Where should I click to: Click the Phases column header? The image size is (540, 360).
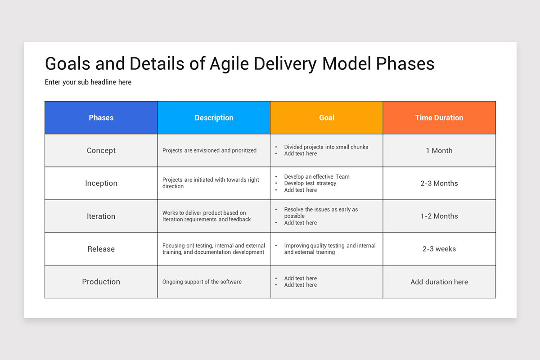(101, 118)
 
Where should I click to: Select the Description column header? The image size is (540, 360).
(214, 118)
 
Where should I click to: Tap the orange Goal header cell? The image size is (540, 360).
(327, 118)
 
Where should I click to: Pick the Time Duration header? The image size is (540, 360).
(439, 118)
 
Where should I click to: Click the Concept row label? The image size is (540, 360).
(101, 151)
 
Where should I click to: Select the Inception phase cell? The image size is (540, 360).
(101, 184)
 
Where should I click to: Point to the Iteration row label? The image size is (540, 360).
(101, 216)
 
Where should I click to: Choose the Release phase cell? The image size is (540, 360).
(101, 249)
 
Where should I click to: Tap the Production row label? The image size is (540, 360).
(101, 282)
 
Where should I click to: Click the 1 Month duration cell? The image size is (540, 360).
(439, 151)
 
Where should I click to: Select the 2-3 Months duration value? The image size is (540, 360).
(439, 184)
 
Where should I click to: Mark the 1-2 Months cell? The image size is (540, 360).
(439, 216)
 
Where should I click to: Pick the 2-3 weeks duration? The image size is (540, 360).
(439, 249)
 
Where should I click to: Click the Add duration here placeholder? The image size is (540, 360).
(439, 282)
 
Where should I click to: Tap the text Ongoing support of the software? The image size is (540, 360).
(202, 282)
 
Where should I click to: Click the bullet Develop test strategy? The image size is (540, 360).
(310, 184)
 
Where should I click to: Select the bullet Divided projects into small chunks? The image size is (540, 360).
(326, 147)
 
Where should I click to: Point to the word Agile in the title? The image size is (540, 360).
(229, 64)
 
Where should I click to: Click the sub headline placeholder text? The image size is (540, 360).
(88, 82)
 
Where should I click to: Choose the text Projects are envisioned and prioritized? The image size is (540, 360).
(209, 151)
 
